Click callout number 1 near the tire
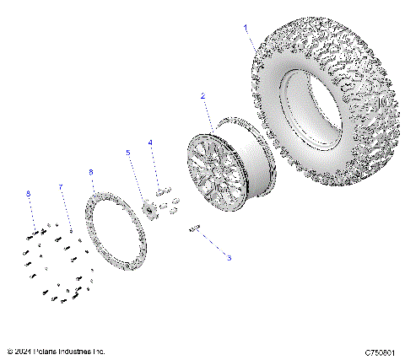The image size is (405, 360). click(x=246, y=28)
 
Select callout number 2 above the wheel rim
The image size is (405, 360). click(x=202, y=98)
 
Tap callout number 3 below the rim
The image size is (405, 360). click(x=228, y=258)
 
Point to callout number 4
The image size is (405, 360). click(x=150, y=142)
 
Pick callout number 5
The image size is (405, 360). click(x=128, y=153)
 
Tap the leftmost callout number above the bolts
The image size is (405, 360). click(x=28, y=194)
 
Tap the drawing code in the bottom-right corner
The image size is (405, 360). click(x=381, y=351)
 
